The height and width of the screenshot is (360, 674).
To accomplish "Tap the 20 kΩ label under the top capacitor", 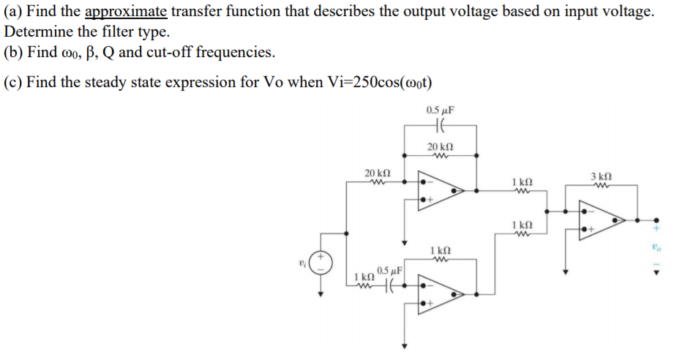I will pyautogui.click(x=440, y=145).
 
